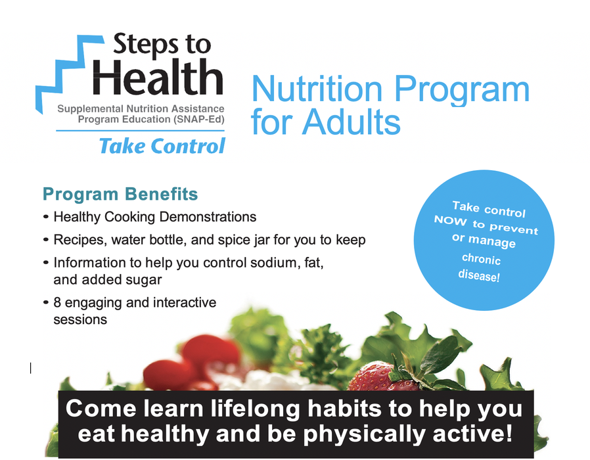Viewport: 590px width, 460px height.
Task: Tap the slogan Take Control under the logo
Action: click(162, 145)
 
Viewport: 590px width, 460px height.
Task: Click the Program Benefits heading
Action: click(120, 195)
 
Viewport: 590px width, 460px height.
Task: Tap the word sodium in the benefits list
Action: click(259, 262)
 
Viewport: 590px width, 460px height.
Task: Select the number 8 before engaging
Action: click(57, 303)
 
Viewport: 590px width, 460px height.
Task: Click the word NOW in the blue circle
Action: click(451, 221)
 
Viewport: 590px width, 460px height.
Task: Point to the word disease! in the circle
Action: click(478, 275)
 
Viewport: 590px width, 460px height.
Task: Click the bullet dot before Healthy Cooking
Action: click(45, 217)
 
